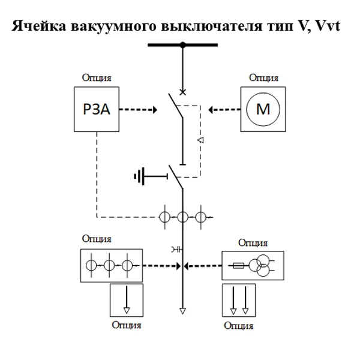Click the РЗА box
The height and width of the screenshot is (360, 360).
[x=97, y=110]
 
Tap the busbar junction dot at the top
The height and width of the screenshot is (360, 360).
[x=182, y=44]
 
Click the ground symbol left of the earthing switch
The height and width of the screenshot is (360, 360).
[x=140, y=176]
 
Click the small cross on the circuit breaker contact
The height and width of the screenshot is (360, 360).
[x=182, y=92]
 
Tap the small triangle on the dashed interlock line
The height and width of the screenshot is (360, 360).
[x=201, y=140]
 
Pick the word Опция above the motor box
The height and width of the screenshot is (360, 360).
[x=263, y=78]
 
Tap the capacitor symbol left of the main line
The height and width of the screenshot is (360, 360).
[x=175, y=248]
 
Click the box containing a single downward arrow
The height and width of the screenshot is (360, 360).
[x=126, y=301]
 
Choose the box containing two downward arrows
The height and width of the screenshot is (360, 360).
[x=239, y=301]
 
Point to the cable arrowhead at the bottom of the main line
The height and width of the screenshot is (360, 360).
[x=182, y=311]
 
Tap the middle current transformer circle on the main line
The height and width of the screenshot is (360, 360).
[x=182, y=217]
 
